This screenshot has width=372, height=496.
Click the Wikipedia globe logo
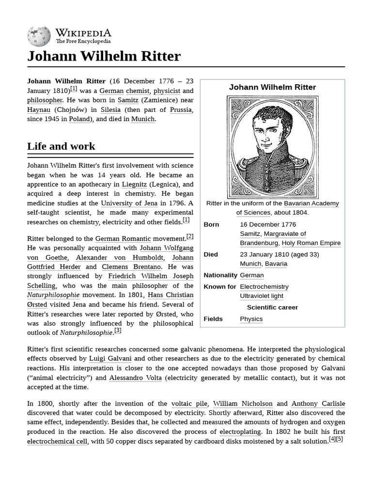point(39,36)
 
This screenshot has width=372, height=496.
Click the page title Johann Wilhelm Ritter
point(104,56)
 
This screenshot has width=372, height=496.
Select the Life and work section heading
point(61,146)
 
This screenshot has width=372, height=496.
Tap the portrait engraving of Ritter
point(272,147)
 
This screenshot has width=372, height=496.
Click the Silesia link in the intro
point(110,109)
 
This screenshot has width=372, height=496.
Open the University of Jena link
point(129,203)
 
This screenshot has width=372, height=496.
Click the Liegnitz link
point(134,185)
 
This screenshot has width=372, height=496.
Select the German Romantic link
point(123,239)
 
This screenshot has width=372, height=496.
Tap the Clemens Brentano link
point(131,267)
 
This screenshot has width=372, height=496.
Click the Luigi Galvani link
point(110,359)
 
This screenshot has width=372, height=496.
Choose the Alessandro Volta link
point(136,378)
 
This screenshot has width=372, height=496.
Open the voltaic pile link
point(189,403)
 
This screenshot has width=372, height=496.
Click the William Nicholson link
point(243,403)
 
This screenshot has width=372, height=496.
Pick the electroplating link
point(240,432)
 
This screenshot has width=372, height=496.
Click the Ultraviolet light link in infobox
point(262,296)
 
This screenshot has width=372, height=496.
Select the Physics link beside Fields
point(251,319)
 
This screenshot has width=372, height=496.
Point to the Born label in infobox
point(211,225)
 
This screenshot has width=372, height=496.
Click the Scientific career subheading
point(272,308)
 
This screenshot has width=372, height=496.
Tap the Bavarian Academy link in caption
point(311,203)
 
